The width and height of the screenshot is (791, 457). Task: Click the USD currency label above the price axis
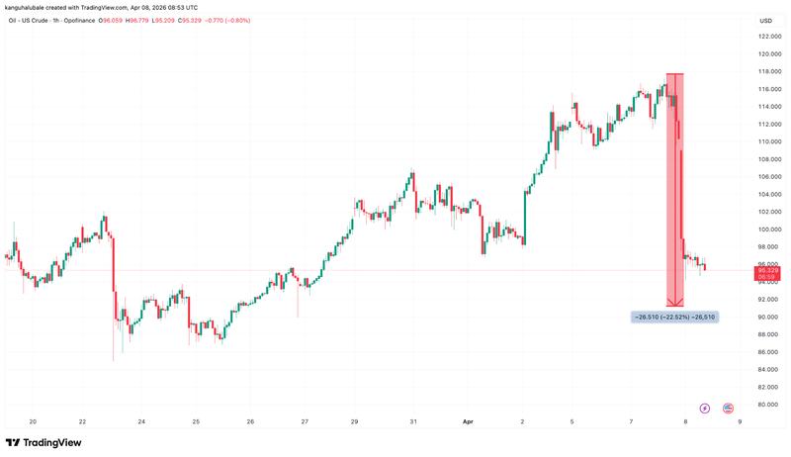(765, 21)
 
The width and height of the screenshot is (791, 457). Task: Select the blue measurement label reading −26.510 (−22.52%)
(674, 317)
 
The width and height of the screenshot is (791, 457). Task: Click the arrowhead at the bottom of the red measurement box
(675, 303)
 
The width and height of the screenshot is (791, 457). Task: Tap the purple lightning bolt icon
(705, 408)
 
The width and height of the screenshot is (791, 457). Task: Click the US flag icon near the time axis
(728, 408)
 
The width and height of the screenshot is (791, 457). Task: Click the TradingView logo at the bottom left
(44, 442)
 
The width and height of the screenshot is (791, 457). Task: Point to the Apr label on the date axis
(469, 421)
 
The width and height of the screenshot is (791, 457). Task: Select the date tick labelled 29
(354, 421)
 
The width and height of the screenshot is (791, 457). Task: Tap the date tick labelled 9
(740, 421)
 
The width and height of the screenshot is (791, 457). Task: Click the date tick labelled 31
(413, 421)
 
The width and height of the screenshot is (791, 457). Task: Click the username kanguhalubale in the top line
(30, 8)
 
